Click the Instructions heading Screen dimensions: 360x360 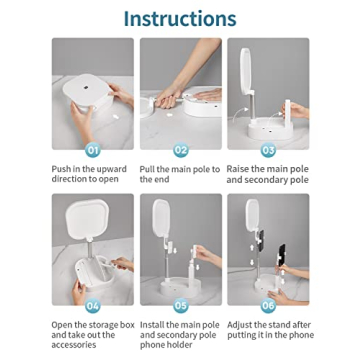[x=180, y=19]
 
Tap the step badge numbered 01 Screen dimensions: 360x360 [x=93, y=150]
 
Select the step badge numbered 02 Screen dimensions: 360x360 [x=181, y=150]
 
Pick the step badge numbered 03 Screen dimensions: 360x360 [x=268, y=150]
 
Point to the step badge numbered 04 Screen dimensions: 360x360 [x=93, y=306]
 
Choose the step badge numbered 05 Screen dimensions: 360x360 [x=181, y=306]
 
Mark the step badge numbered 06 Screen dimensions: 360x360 [x=268, y=306]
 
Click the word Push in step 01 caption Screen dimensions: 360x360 [x=60, y=169]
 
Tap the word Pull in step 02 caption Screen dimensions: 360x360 [x=147, y=169]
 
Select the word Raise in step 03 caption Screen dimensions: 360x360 [x=238, y=169]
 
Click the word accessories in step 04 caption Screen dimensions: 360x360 [x=74, y=345]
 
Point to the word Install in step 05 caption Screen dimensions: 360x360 [x=152, y=325]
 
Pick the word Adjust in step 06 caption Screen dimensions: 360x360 [x=239, y=325]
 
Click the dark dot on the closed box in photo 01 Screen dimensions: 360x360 [x=86, y=87]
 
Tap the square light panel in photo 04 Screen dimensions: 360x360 [x=86, y=219]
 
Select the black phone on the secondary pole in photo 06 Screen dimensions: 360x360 [x=282, y=255]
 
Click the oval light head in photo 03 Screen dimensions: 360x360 [x=246, y=71]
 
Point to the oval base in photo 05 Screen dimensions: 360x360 [x=181, y=287]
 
